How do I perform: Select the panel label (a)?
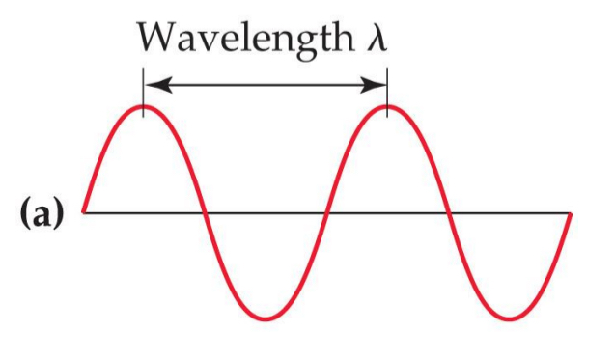pyautogui.click(x=41, y=213)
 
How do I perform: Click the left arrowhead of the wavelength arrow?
pyautogui.click(x=153, y=84)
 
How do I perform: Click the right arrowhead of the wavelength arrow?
pyautogui.click(x=378, y=84)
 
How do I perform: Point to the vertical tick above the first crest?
pyautogui.click(x=144, y=91)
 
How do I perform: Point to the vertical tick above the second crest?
pyautogui.click(x=387, y=91)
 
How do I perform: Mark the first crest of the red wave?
pyautogui.click(x=144, y=105)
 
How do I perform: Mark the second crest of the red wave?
pyautogui.click(x=387, y=105)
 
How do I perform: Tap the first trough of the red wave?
pyautogui.click(x=266, y=318)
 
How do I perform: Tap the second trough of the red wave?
pyautogui.click(x=511, y=318)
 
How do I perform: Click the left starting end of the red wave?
pyautogui.click(x=84, y=211)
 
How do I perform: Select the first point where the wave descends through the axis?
pyautogui.click(x=205, y=212)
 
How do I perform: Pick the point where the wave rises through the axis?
pyautogui.click(x=326, y=212)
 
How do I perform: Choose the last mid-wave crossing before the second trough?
pyautogui.click(x=449, y=212)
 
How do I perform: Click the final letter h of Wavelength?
pyautogui.click(x=341, y=36)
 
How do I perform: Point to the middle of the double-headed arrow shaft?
pyautogui.click(x=266, y=84)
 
